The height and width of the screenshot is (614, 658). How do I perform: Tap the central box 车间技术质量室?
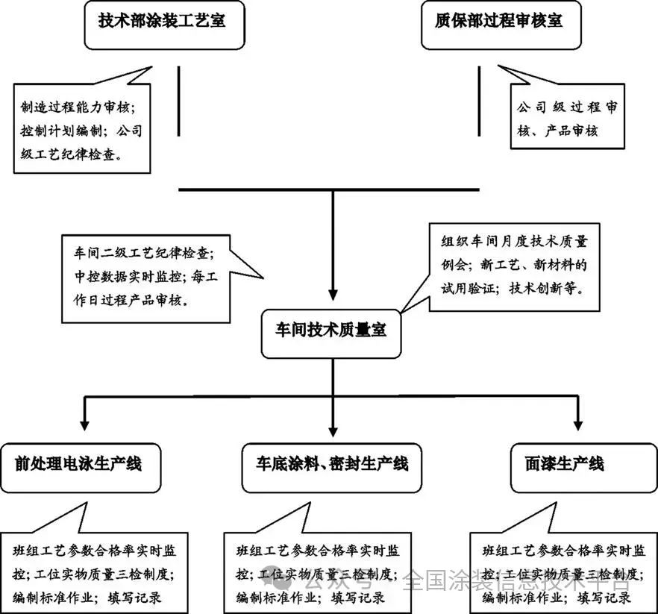328,331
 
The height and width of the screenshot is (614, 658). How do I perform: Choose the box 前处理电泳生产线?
79,465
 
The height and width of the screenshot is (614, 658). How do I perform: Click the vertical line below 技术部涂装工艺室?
179,101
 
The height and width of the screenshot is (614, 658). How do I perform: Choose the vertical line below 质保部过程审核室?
478,101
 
